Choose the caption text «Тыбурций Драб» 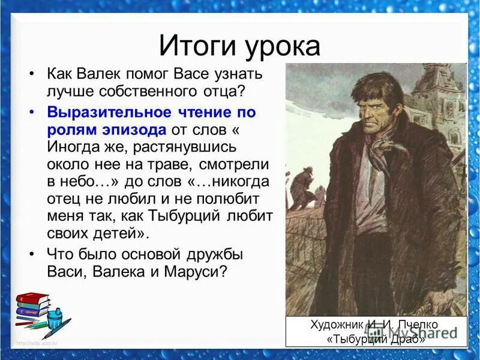pyautogui.click(x=376, y=339)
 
